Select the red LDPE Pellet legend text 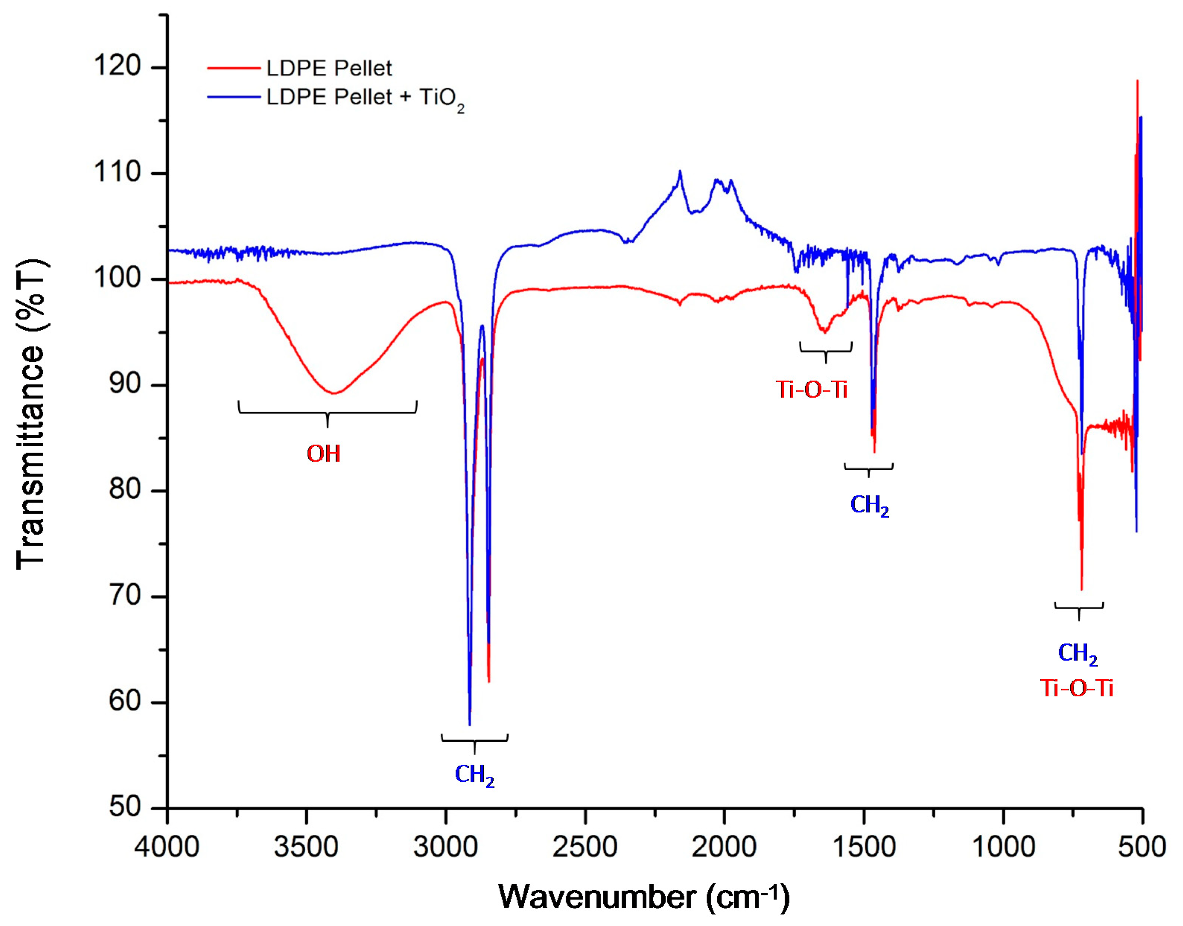pyautogui.click(x=329, y=68)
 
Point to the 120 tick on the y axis pyautogui.click(x=117, y=66)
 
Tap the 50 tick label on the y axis pyautogui.click(x=124, y=807)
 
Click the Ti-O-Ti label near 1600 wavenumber pyautogui.click(x=811, y=390)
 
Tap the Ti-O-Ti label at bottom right pyautogui.click(x=1077, y=689)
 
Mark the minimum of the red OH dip pyautogui.click(x=334, y=393)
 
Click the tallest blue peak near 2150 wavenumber pyautogui.click(x=680, y=172)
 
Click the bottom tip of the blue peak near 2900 pyautogui.click(x=469, y=724)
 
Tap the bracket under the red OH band pyautogui.click(x=327, y=413)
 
